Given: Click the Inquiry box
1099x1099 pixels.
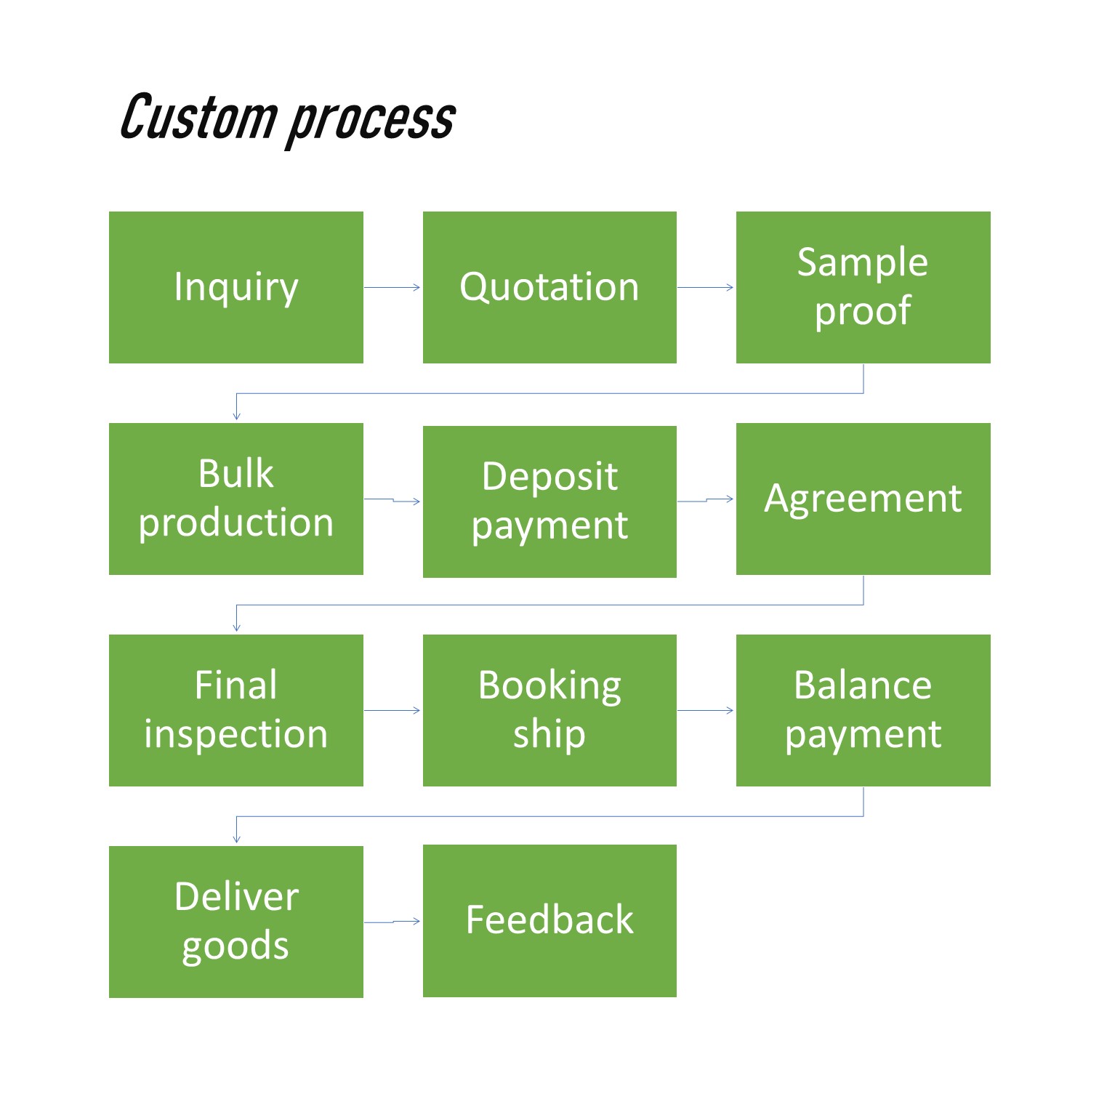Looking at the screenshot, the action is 236,287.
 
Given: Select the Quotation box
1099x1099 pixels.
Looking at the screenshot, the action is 549,287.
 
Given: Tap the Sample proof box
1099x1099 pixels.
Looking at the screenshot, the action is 863,287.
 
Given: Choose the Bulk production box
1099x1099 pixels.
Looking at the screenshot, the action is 236,499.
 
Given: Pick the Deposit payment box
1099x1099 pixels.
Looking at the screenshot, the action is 549,502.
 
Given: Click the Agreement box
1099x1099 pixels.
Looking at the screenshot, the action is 863,499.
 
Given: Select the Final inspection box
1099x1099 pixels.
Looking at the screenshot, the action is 236,710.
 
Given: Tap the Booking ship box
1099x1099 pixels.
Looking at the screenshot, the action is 549,710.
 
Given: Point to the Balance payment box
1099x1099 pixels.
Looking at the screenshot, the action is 863,710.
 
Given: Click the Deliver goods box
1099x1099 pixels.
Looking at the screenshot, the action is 236,922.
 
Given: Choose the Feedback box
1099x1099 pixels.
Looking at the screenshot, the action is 549,920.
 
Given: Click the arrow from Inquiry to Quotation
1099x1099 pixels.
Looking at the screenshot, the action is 392,287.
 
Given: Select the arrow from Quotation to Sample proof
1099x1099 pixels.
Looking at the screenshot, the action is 706,287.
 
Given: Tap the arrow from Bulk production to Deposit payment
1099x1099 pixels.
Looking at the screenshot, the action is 393,500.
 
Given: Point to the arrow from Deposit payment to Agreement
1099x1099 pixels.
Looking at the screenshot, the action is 706,500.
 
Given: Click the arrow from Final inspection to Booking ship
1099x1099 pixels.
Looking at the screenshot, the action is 392,710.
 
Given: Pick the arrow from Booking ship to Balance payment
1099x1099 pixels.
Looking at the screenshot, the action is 706,710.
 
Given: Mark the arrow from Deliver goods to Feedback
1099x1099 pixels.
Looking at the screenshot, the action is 393,922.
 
